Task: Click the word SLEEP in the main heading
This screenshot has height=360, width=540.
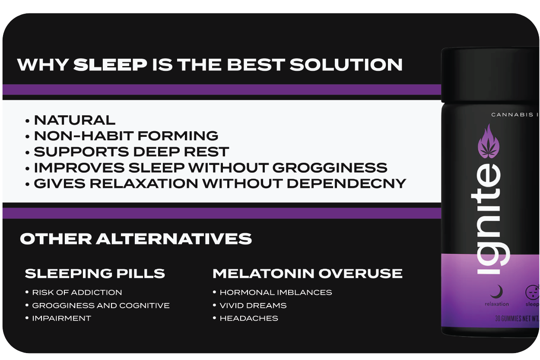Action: [110, 65]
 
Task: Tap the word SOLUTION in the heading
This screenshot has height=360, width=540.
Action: [346, 65]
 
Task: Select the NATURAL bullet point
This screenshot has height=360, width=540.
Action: [75, 120]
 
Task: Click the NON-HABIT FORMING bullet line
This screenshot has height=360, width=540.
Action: [126, 136]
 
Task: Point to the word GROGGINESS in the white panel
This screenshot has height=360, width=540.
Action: [330, 167]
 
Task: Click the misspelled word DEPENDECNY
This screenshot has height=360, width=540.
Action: [346, 183]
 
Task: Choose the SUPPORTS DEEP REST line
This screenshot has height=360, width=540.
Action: [131, 152]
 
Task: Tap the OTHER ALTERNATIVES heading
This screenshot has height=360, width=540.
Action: [136, 239]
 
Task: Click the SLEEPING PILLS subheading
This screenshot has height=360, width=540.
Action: [95, 274]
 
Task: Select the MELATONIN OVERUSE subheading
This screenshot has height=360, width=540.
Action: [307, 274]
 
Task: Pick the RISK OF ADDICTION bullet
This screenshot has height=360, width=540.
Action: [77, 292]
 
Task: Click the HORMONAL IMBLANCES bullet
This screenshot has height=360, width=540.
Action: [276, 292]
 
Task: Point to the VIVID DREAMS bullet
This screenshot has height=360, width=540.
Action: [253, 305]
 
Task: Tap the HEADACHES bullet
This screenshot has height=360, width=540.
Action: [249, 318]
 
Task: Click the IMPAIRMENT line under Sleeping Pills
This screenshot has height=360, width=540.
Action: [61, 318]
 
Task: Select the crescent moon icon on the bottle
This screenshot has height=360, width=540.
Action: [496, 292]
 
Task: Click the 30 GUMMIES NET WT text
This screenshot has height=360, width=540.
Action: [517, 319]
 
